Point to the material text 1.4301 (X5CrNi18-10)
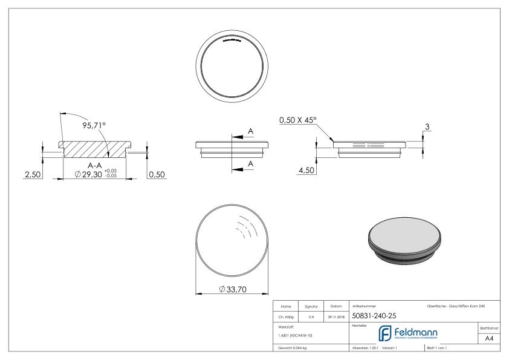295,335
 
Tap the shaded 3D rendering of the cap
404,239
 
